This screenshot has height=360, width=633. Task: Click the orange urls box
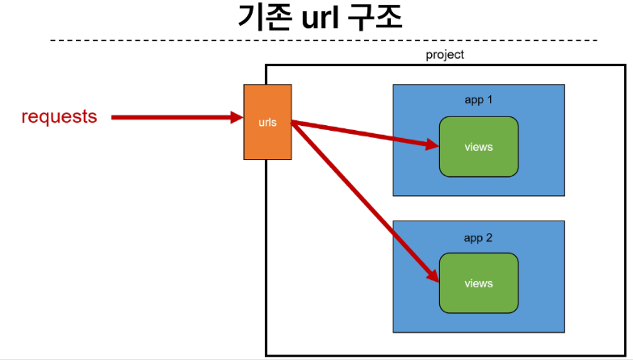[267, 122]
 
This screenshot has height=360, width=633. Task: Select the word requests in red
[60, 116]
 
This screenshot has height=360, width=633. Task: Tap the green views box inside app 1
[479, 147]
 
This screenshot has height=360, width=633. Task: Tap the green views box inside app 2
[479, 283]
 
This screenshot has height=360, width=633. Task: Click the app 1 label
[478, 100]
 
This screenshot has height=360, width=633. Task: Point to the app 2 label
[478, 238]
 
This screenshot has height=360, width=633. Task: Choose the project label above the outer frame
[445, 55]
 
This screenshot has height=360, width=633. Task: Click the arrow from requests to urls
[178, 118]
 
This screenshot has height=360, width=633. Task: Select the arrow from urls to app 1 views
[365, 133]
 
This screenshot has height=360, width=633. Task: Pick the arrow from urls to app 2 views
[365, 202]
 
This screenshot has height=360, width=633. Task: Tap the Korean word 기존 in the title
[265, 18]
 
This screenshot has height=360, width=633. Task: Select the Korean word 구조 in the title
[375, 18]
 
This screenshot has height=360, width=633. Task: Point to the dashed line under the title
[323, 40]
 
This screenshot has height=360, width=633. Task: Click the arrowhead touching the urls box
[237, 118]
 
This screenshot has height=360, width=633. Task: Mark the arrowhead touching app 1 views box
[433, 144]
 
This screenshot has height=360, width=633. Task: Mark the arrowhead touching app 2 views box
[434, 276]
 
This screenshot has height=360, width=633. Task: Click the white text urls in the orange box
[268, 123]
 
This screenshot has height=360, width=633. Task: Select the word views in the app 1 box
[479, 147]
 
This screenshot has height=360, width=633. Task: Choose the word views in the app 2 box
[479, 283]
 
